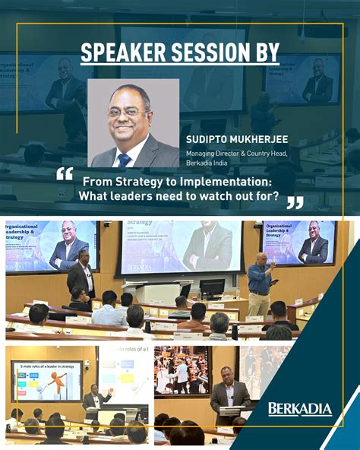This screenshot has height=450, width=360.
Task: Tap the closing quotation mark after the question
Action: [x=294, y=202]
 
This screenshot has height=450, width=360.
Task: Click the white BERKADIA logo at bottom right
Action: [x=299, y=410]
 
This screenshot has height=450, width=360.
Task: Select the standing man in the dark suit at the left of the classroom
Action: [x=81, y=274]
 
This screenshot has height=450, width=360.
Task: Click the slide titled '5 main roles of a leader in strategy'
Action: [x=47, y=380]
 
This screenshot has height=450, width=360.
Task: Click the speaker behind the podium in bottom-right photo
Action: [x=230, y=395]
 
